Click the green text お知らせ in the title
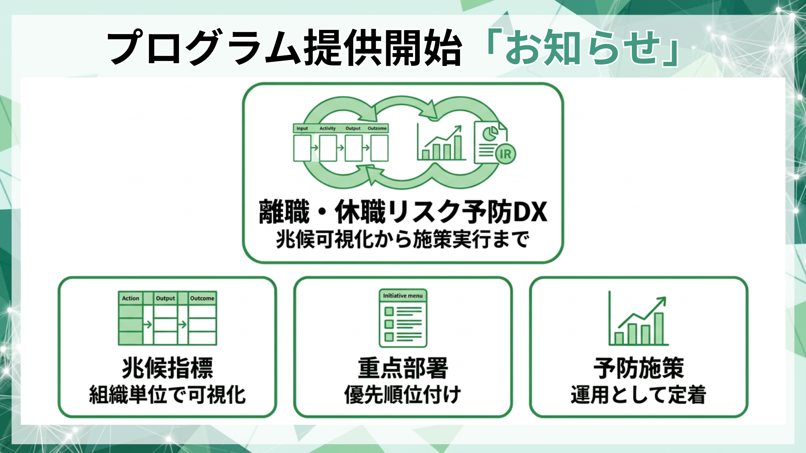click(583, 47)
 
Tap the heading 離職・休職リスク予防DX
click(403, 212)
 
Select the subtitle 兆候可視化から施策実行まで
click(403, 240)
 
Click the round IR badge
click(505, 154)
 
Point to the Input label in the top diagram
click(302, 128)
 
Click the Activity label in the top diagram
click(327, 128)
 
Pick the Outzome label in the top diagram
click(377, 128)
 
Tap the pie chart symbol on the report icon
click(489, 134)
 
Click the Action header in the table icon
click(131, 298)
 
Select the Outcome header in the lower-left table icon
click(202, 298)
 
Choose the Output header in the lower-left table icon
click(165, 298)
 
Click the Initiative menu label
click(403, 296)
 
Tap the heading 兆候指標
click(167, 368)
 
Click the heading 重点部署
click(403, 368)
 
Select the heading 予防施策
click(639, 368)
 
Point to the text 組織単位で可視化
click(167, 395)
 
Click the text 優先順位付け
click(403, 395)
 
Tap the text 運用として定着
click(639, 395)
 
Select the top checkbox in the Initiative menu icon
click(389, 311)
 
